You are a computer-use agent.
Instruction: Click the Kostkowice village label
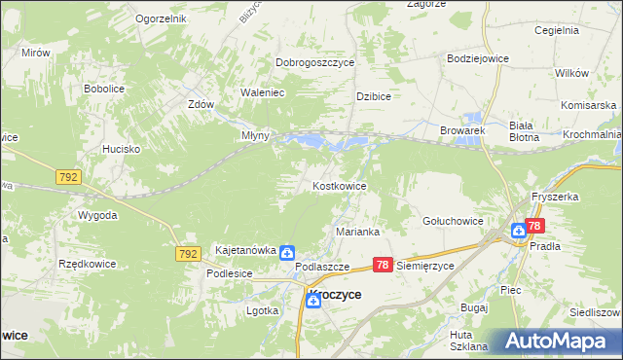tap(339, 185)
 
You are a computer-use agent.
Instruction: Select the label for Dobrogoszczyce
tap(314, 62)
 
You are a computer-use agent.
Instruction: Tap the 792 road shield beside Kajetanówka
tap(189, 253)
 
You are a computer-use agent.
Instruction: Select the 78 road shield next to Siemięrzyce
tap(383, 265)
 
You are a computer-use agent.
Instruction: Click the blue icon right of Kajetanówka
tap(288, 253)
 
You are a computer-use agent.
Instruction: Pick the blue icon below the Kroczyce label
tap(312, 302)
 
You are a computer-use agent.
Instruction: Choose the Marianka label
tap(357, 233)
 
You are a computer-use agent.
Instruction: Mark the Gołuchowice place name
tap(453, 221)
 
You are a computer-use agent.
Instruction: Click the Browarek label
tap(461, 129)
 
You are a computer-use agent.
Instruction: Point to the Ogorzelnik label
tap(161, 19)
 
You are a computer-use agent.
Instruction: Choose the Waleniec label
tap(262, 92)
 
